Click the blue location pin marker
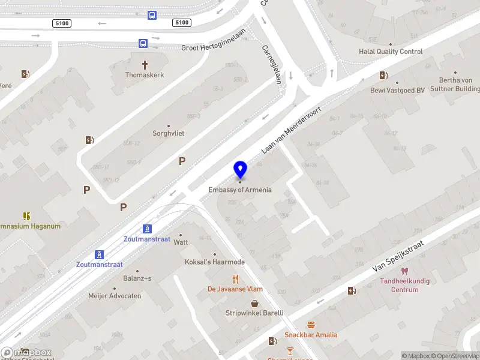241,169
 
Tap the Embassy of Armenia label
240,190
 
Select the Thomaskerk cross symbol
145,64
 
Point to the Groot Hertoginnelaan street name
214,47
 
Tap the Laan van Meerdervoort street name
292,130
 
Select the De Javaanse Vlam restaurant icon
236,279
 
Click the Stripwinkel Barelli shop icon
255,304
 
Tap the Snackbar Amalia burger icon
311,325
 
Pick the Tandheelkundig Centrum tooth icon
405,271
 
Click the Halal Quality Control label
391,52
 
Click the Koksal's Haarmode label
214,262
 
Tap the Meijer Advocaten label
115,296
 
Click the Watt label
181,243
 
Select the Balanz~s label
137,278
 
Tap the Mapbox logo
26,352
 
